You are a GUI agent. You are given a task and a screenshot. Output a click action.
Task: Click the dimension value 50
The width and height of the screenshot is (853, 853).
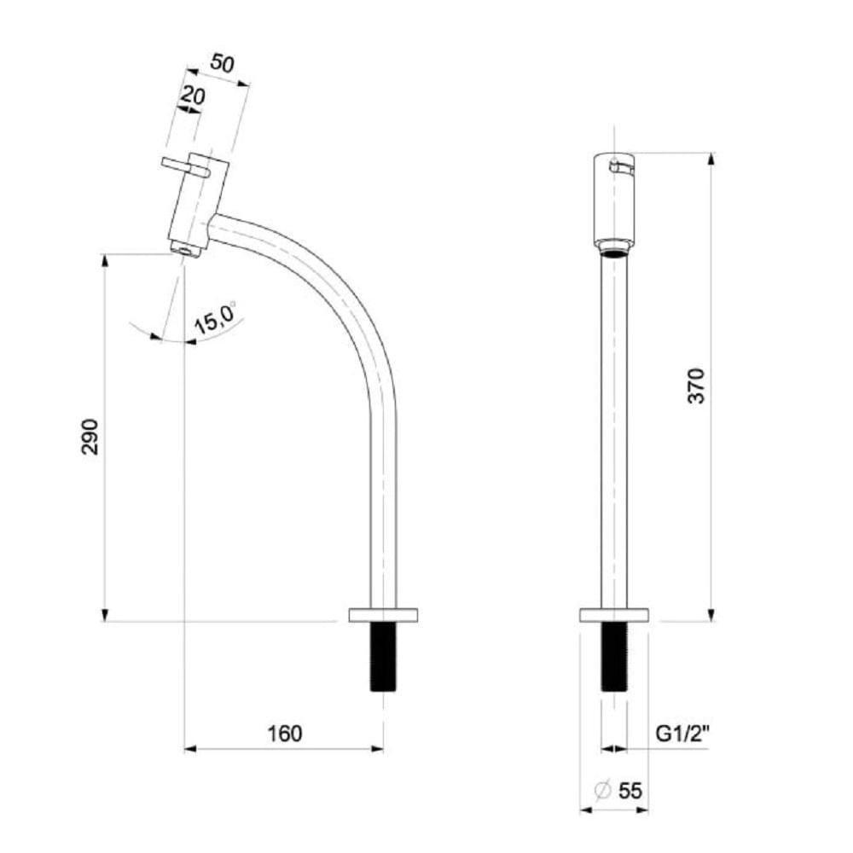(x=222, y=63)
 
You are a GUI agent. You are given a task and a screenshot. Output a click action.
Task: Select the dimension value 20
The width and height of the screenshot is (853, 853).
(x=193, y=96)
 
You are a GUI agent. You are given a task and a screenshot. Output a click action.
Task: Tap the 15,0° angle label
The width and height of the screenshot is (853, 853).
(x=216, y=317)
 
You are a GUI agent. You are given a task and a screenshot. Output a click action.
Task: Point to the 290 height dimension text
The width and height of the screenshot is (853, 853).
(x=90, y=437)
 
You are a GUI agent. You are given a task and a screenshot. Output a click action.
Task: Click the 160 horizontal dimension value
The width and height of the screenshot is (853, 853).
(x=285, y=734)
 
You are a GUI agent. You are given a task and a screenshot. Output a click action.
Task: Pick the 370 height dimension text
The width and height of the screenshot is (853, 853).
(x=696, y=386)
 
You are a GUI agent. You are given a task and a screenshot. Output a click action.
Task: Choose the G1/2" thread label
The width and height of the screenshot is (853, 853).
(x=682, y=734)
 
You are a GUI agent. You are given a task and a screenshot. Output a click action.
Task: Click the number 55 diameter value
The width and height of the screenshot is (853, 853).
(x=630, y=791)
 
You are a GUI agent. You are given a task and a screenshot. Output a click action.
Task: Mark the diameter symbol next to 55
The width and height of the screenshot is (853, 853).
(x=603, y=791)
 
